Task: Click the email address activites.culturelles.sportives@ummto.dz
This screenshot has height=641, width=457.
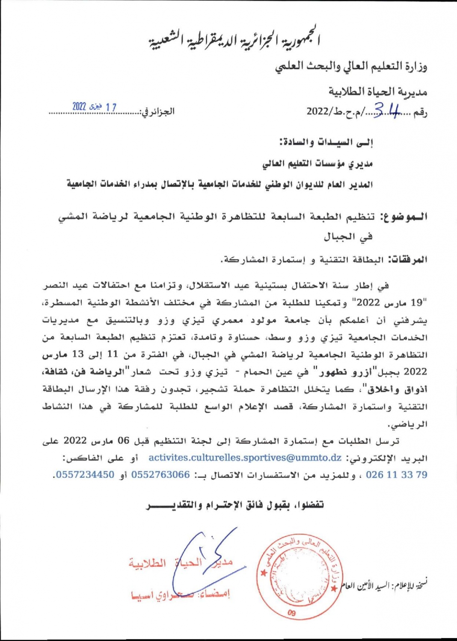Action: click(245, 458)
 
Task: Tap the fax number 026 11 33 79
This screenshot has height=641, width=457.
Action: click(397, 475)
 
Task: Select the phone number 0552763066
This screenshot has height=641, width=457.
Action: click(160, 475)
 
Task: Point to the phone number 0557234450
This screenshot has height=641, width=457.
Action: click(85, 475)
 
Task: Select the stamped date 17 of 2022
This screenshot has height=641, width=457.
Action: click(94, 107)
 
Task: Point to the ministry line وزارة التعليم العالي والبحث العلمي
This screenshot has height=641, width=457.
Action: click(351, 66)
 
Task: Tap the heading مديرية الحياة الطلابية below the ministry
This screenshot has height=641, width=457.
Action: click(378, 91)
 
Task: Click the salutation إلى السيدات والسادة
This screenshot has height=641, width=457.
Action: click(326, 142)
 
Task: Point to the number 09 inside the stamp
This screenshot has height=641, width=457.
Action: click(291, 613)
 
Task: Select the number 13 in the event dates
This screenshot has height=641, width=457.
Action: click(78, 355)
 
